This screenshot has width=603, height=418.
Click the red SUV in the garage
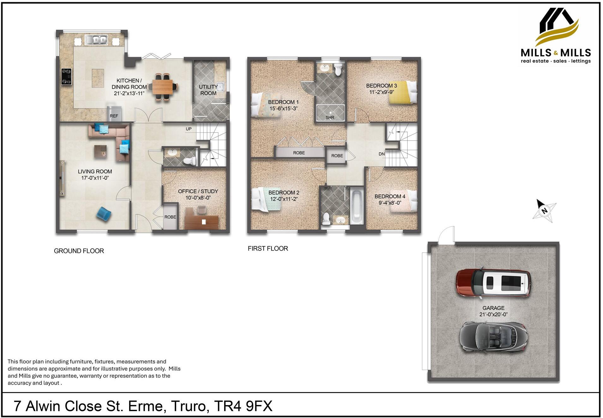(493, 283)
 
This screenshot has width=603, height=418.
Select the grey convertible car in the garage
(493, 337)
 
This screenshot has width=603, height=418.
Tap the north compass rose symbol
(544, 210)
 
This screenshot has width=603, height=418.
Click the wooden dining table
(162, 87)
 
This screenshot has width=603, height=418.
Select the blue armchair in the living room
(104, 214)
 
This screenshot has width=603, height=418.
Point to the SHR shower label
(330, 117)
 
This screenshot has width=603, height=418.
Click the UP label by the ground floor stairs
(188, 129)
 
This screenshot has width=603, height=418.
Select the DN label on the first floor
(381, 154)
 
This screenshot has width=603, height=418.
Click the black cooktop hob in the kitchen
(66, 77)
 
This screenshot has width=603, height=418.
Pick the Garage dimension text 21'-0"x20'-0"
(493, 315)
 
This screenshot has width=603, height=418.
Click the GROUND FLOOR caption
(79, 251)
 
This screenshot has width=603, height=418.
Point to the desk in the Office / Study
(201, 222)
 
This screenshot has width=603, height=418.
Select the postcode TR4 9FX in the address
(243, 406)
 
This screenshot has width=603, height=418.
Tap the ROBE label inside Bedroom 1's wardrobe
(299, 153)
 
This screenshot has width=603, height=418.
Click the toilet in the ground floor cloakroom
(189, 161)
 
